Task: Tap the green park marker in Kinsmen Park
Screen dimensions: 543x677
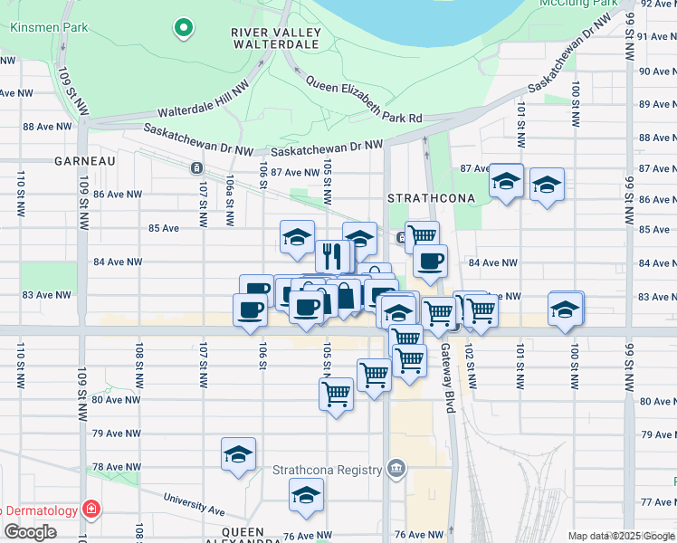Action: tap(184, 28)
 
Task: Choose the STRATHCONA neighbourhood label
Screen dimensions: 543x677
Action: tap(426, 197)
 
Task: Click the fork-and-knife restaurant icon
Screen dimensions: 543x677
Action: tap(332, 255)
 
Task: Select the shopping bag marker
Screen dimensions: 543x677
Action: tap(345, 296)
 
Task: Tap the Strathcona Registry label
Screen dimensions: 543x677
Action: tap(327, 469)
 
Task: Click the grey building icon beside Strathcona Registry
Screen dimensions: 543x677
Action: tap(395, 468)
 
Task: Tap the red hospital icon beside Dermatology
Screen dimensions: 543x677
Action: tap(91, 510)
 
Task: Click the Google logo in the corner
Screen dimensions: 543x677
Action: tap(29, 532)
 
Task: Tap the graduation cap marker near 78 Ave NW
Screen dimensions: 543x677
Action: tap(238, 454)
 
